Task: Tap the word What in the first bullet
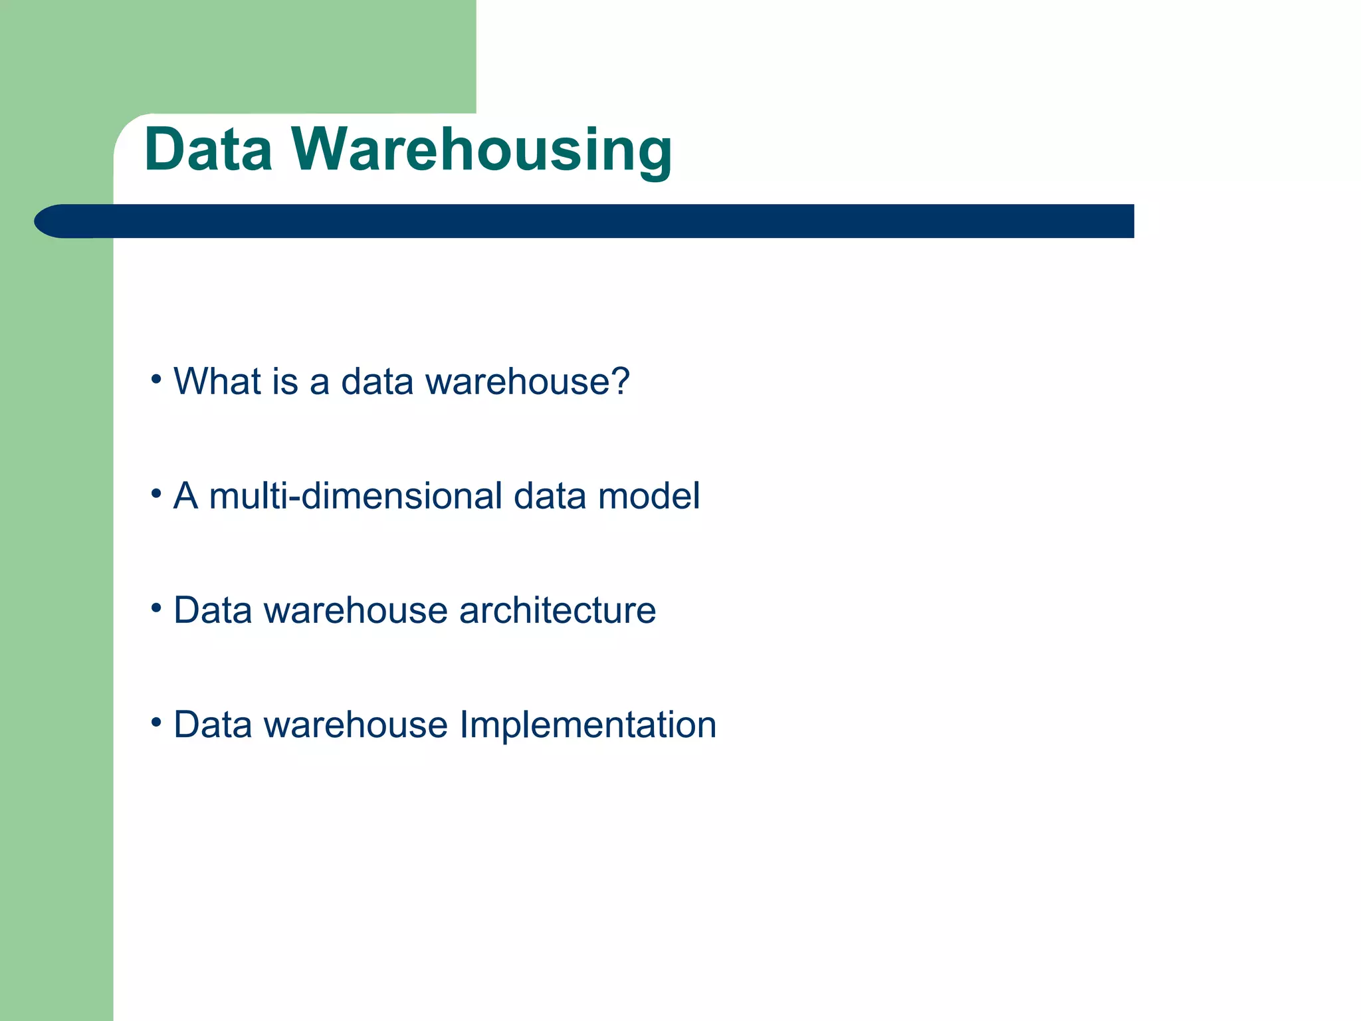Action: click(x=217, y=382)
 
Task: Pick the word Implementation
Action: click(x=587, y=725)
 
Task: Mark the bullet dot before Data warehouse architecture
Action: click(x=156, y=608)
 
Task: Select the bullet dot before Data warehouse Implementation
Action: click(x=156, y=722)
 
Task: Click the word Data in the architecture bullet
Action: click(x=213, y=610)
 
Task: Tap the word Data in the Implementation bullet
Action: click(x=213, y=725)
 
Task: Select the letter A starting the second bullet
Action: click(x=185, y=496)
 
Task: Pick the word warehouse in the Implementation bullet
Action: click(x=356, y=725)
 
